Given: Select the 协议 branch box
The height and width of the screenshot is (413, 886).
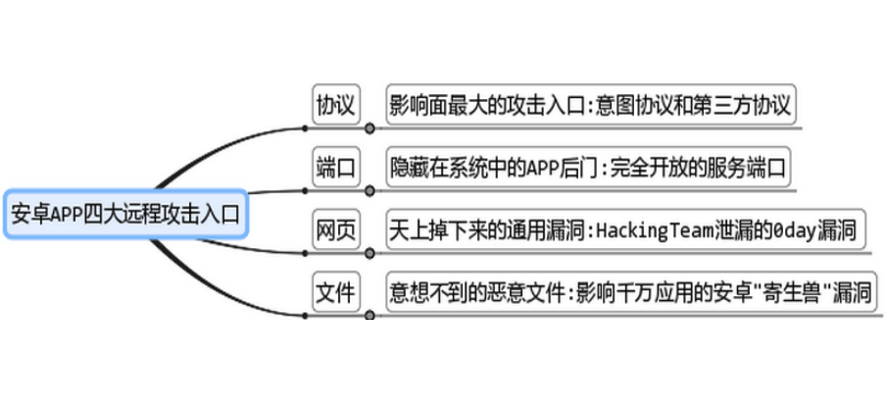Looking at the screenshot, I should (x=335, y=103).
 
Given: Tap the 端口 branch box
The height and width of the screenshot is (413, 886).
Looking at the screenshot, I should (x=335, y=166).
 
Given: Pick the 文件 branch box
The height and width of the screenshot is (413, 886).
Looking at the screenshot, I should (x=335, y=292).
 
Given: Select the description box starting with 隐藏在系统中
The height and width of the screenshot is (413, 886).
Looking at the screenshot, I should (x=587, y=166).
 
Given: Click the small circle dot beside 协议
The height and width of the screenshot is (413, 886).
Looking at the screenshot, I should (x=369, y=128).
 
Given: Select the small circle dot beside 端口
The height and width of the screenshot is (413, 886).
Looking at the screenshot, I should (x=369, y=190).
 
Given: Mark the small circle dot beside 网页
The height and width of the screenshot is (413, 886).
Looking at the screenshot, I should (x=369, y=253).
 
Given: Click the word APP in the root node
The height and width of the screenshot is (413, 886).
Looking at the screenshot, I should (x=66, y=213).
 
